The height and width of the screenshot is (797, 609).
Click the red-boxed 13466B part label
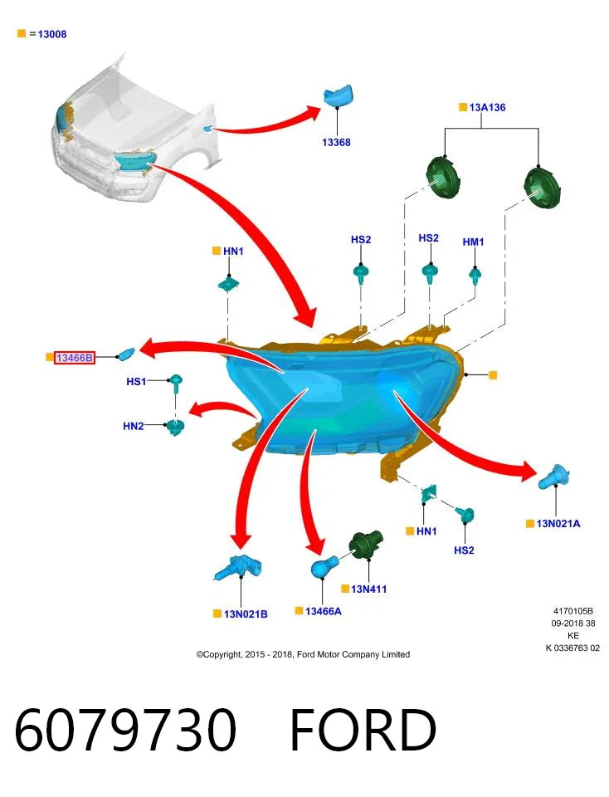point(74,358)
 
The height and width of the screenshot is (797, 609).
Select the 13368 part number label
point(336,142)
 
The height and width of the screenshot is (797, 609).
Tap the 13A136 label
point(487,107)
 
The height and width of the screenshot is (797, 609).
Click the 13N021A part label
point(558,524)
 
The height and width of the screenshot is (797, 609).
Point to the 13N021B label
point(246,614)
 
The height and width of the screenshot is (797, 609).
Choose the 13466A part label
point(323,611)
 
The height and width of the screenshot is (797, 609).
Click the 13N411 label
point(368,589)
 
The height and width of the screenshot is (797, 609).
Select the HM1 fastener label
point(474,242)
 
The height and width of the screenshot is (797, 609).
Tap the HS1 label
point(136,381)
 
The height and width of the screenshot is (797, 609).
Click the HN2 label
point(133,426)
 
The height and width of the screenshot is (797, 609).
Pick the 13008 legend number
point(51,34)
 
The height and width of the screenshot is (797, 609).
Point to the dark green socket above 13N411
point(366,544)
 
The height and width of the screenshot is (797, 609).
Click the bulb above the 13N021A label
point(553,477)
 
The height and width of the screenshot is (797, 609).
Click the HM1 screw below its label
point(475,276)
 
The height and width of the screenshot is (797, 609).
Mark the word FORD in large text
point(363,730)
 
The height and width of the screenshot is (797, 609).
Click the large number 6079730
point(125,730)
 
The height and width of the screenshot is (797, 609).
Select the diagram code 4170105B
point(573,611)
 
